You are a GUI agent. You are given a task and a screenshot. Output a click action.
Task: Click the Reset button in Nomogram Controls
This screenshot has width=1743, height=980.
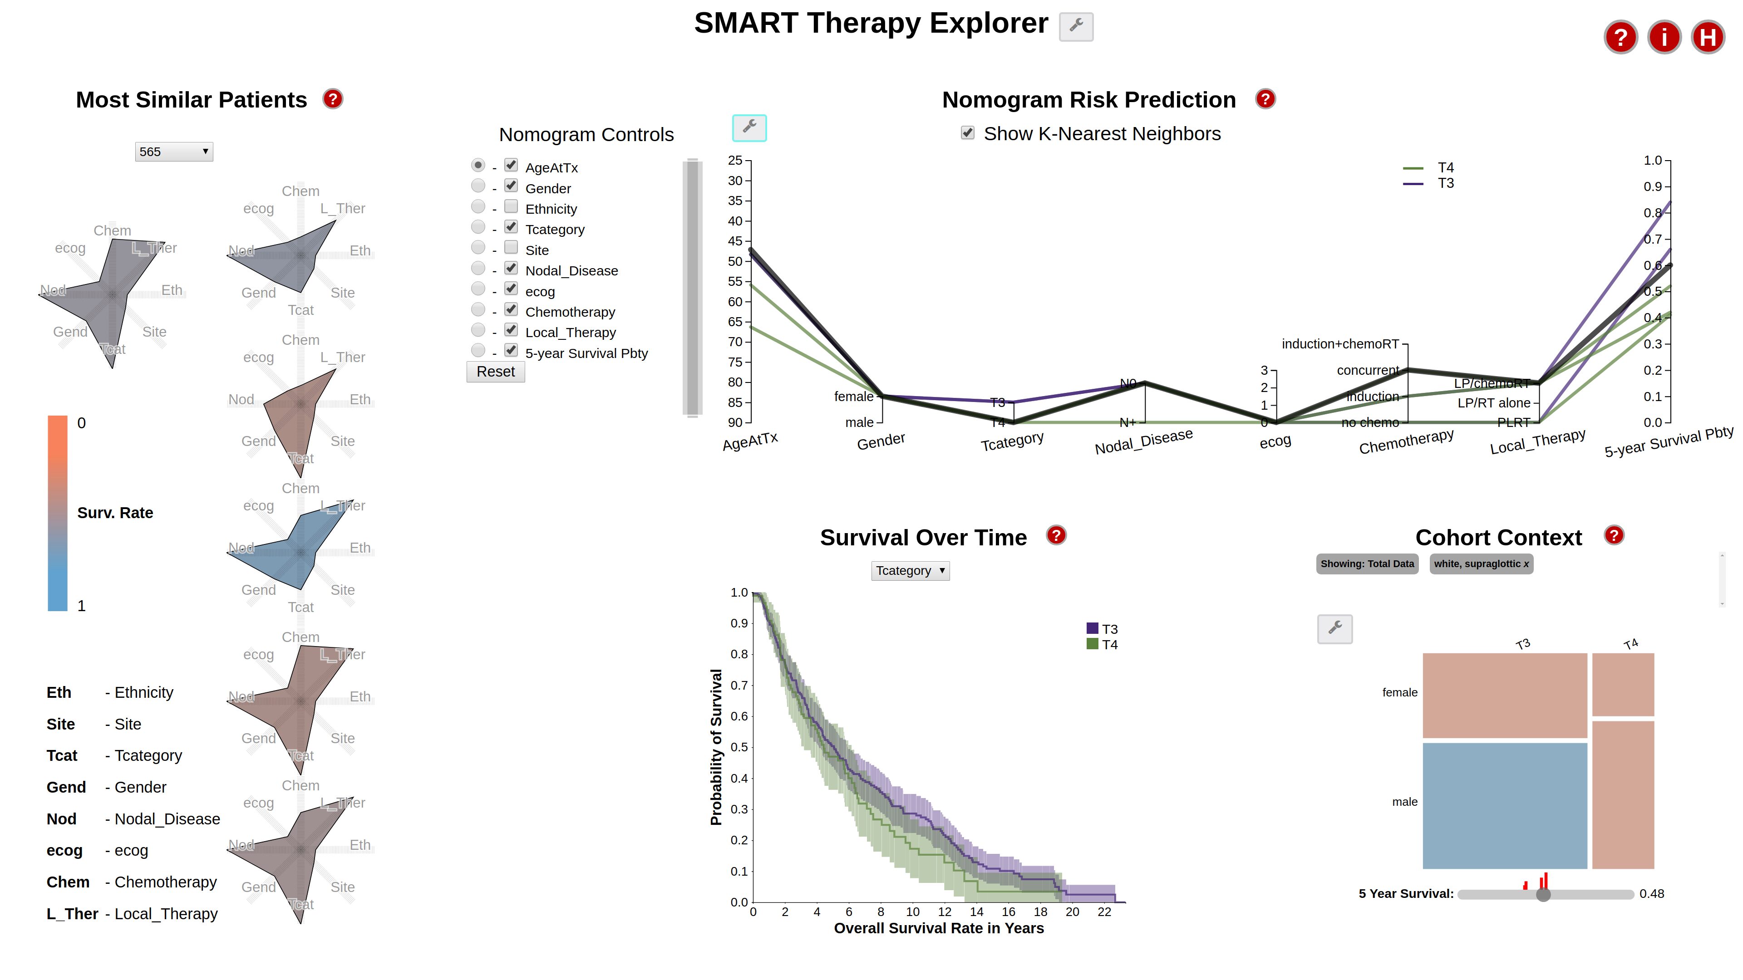pos(495,372)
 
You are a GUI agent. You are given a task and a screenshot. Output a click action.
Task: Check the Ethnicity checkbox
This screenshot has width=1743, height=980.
pos(511,206)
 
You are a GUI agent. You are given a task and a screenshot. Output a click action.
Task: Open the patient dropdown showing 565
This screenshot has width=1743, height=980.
pos(174,152)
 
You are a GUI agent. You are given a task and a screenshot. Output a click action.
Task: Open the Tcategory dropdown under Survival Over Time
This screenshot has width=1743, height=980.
pos(909,571)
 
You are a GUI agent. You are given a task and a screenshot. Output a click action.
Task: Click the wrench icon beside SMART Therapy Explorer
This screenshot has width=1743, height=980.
pos(1076,26)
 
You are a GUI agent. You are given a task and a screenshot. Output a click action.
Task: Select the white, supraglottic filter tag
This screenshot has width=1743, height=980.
pos(1481,564)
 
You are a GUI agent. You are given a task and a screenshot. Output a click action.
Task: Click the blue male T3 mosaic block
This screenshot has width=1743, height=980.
pos(1504,805)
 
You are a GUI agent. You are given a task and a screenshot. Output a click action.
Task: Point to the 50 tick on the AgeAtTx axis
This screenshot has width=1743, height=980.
pos(735,261)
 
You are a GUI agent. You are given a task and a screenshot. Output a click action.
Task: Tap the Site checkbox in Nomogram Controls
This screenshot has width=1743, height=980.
pos(511,248)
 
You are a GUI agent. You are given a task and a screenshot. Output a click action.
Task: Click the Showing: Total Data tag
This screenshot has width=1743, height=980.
pos(1367,564)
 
